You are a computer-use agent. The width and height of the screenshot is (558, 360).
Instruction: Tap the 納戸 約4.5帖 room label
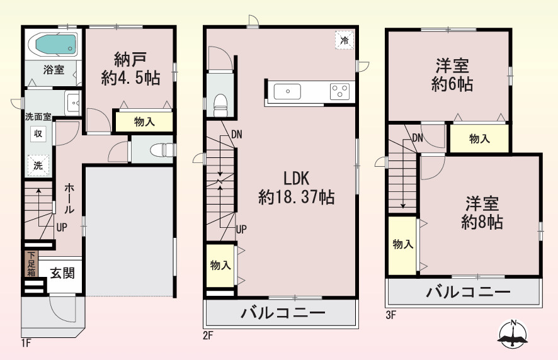click(x=130, y=69)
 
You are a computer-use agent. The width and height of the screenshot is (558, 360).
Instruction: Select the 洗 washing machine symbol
click(x=37, y=166)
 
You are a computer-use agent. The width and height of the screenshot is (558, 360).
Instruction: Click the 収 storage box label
click(x=38, y=133)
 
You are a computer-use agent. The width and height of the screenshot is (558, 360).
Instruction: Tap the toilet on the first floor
click(x=162, y=150)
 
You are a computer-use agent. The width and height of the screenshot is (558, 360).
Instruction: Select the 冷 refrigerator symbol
click(x=344, y=40)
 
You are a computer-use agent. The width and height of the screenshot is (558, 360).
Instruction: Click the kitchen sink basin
click(x=287, y=92)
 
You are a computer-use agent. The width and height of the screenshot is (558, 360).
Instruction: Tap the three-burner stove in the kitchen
click(x=340, y=91)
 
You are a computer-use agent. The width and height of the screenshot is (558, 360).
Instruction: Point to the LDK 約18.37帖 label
click(x=296, y=188)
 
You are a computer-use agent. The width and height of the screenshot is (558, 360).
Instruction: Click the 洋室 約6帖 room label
click(x=452, y=75)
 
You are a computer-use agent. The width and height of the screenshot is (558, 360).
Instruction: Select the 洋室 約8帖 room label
click(x=482, y=213)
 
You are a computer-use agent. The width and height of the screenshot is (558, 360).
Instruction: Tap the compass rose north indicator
click(x=513, y=334)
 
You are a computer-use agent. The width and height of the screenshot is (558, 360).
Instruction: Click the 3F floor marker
click(x=390, y=315)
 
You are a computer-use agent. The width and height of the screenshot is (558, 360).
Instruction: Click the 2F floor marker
click(x=208, y=335)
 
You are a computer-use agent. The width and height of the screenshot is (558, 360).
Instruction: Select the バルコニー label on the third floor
click(x=467, y=292)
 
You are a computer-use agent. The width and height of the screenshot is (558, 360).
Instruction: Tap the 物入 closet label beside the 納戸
click(x=144, y=122)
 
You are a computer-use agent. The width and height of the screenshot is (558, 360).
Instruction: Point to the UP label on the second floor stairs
click(x=241, y=229)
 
